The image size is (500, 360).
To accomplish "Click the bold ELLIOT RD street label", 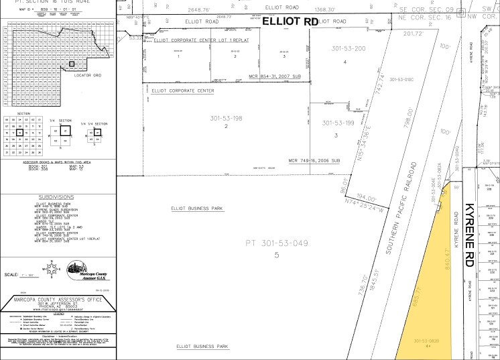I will (x=290, y=21).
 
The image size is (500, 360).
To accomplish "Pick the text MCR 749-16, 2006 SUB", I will (x=314, y=161).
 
